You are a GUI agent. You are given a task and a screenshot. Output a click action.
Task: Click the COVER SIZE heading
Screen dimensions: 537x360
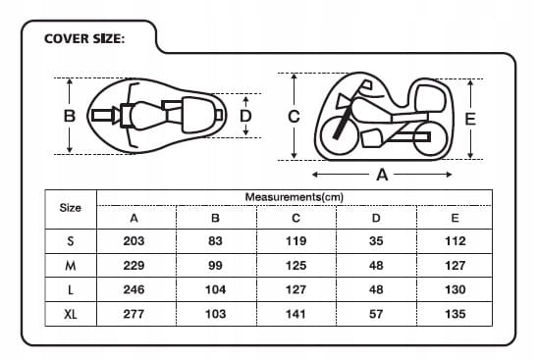(x=84, y=38)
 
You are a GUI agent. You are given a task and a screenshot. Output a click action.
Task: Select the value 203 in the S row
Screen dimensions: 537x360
(x=134, y=241)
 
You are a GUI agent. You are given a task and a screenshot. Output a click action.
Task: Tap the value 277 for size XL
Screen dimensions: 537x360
(x=134, y=314)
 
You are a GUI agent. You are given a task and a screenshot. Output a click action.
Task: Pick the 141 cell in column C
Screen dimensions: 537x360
(x=295, y=314)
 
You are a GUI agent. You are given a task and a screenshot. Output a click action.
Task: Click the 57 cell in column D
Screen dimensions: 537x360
(x=376, y=314)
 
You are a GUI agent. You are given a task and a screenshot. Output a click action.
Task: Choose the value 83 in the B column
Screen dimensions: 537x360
(x=215, y=241)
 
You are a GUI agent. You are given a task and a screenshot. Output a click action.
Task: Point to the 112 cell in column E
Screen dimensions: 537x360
(x=456, y=241)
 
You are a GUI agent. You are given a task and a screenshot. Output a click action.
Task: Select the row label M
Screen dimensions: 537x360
(x=71, y=266)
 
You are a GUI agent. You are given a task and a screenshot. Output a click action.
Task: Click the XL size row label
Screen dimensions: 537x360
(x=71, y=314)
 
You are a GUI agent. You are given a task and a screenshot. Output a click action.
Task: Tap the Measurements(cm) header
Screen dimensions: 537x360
(x=295, y=197)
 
